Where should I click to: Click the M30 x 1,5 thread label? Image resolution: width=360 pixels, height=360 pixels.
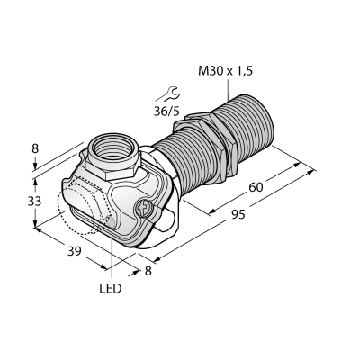pos(226,71)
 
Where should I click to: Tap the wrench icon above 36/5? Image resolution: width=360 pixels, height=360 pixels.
pos(168,94)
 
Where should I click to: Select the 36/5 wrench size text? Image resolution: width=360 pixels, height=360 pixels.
pos(166,112)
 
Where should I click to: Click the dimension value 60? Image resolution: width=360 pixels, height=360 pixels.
pos(256,187)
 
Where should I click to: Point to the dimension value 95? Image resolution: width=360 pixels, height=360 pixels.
pos(238,215)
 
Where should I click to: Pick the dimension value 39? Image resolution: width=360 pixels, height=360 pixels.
pos(74,251)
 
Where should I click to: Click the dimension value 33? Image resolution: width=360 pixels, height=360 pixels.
pos(34,202)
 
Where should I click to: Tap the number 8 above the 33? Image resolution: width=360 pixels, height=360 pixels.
pos(35,149)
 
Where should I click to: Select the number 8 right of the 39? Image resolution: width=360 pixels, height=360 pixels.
pos(148,271)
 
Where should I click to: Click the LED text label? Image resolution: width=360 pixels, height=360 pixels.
pos(111,289)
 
